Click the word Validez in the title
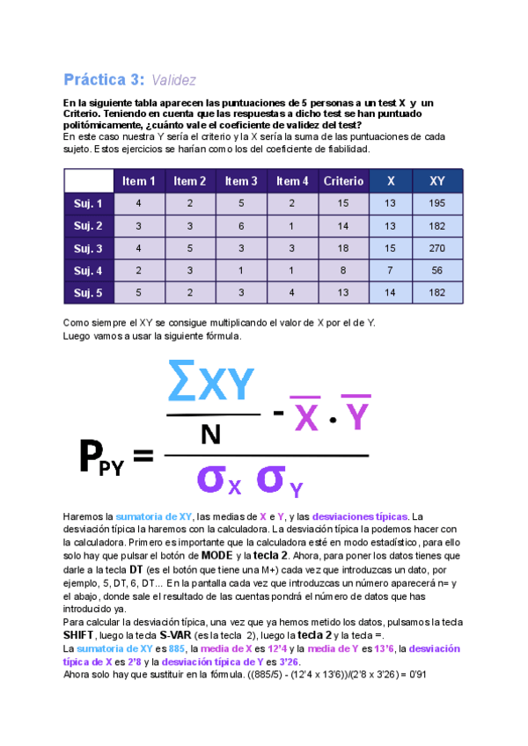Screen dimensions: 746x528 (x=173, y=80)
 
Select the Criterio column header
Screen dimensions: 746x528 (x=343, y=181)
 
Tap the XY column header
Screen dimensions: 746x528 (x=436, y=181)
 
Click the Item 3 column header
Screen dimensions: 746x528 (x=242, y=181)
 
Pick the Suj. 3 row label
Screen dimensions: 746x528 (x=88, y=248)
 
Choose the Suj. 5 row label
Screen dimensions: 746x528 (x=88, y=292)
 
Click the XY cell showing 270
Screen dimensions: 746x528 (x=436, y=248)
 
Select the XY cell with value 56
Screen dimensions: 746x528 (x=436, y=270)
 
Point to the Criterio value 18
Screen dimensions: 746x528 (x=343, y=248)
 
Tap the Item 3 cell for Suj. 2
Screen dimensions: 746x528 (x=242, y=226)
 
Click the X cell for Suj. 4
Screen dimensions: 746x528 (x=390, y=270)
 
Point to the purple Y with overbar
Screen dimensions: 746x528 (x=355, y=414)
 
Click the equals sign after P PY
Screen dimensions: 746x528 (x=142, y=456)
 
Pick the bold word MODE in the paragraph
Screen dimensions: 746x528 (x=216, y=556)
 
